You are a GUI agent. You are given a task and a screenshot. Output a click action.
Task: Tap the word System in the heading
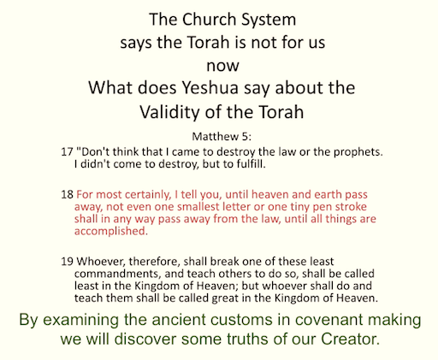269,21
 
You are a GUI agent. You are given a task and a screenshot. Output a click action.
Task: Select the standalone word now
222,66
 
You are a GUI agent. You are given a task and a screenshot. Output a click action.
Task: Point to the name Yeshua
210,87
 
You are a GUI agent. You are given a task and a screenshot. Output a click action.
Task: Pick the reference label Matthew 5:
222,137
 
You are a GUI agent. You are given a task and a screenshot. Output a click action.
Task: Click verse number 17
68,152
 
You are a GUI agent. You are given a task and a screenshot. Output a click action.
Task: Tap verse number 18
68,195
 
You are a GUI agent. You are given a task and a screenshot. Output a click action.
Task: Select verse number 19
68,262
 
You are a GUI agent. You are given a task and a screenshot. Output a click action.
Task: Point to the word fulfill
251,164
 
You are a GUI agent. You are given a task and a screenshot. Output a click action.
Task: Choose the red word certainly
148,195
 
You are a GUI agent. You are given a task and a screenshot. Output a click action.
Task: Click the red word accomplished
111,231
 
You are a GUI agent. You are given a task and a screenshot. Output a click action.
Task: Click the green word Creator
350,339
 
